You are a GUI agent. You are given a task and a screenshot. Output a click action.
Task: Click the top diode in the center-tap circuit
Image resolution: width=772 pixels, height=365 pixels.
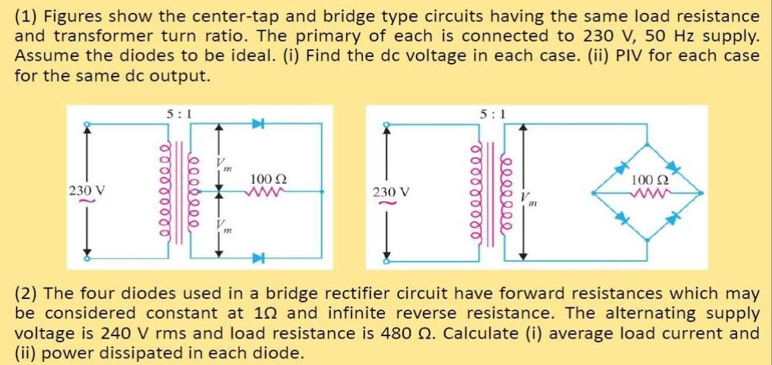257,124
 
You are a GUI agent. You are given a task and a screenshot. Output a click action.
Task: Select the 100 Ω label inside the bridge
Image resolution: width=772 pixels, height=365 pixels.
650,181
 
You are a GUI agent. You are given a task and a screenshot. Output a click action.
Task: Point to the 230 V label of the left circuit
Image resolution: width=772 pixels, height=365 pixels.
86,190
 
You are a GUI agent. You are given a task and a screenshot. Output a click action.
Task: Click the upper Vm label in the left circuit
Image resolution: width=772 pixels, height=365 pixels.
222,163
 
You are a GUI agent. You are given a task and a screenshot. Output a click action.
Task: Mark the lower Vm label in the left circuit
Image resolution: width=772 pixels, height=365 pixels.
222,225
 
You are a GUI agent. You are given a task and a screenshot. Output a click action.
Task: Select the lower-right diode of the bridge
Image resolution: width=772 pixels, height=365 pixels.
672,219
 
